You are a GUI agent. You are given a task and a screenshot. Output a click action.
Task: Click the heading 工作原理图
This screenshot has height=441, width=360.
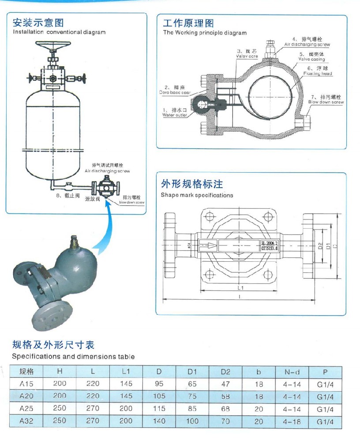pos(188,23)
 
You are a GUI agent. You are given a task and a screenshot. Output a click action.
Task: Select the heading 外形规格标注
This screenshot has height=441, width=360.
pos(191,184)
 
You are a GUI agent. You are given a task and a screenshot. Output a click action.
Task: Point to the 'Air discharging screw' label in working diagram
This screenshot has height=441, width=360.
pos(307,45)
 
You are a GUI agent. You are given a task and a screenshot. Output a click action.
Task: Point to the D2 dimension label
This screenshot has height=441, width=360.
pos(321,245)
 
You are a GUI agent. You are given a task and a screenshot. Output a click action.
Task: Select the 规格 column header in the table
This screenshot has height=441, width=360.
pos(27,371)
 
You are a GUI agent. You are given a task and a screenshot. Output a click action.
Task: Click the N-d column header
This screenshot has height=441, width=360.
pos(291,372)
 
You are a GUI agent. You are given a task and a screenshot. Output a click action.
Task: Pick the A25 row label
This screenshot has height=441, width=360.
pos(27,409)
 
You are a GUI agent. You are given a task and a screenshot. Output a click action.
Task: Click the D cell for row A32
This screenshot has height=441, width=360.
pos(159,421)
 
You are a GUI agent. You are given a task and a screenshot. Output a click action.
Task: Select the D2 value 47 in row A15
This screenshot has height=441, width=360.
pos(225,384)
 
